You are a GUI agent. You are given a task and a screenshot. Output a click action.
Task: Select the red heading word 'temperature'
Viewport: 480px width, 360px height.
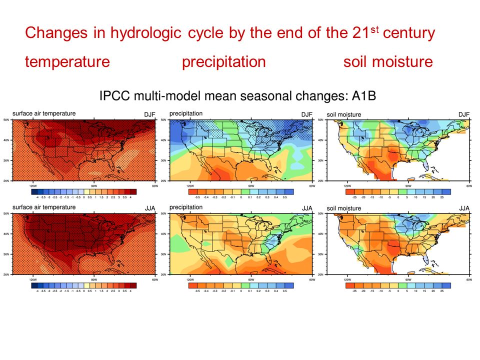click(x=67, y=62)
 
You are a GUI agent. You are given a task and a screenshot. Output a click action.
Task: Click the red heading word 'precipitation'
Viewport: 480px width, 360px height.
click(x=223, y=62)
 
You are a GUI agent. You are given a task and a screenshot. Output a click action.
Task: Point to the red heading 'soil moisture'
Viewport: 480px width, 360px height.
click(x=387, y=62)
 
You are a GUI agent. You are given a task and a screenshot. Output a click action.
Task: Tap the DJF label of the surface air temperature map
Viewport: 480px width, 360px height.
click(x=149, y=114)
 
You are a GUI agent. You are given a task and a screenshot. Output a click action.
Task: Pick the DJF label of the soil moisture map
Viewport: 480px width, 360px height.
click(x=464, y=114)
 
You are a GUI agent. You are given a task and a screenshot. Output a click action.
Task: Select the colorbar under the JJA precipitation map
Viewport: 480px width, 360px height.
click(x=240, y=285)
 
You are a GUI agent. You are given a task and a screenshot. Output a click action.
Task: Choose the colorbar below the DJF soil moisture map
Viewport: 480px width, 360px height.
click(x=398, y=191)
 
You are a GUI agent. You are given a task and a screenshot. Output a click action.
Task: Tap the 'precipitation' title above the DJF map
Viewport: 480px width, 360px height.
click(x=186, y=114)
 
